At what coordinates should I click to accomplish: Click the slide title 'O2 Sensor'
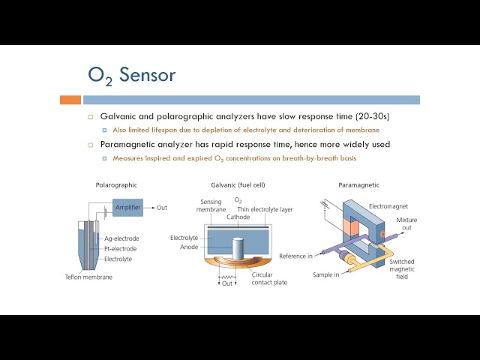coord(131,76)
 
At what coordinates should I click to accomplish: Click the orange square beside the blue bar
coord(70,99)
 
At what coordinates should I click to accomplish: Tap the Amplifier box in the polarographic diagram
coord(127,207)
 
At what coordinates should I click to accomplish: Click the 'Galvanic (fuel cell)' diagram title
coord(238,184)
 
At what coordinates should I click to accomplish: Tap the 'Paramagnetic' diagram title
coord(358,184)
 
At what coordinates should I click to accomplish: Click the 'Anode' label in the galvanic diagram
coord(189,246)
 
